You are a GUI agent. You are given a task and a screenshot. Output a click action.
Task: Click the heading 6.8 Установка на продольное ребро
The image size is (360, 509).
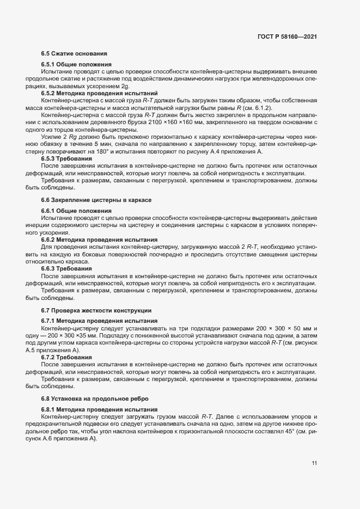coord(95,399)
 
